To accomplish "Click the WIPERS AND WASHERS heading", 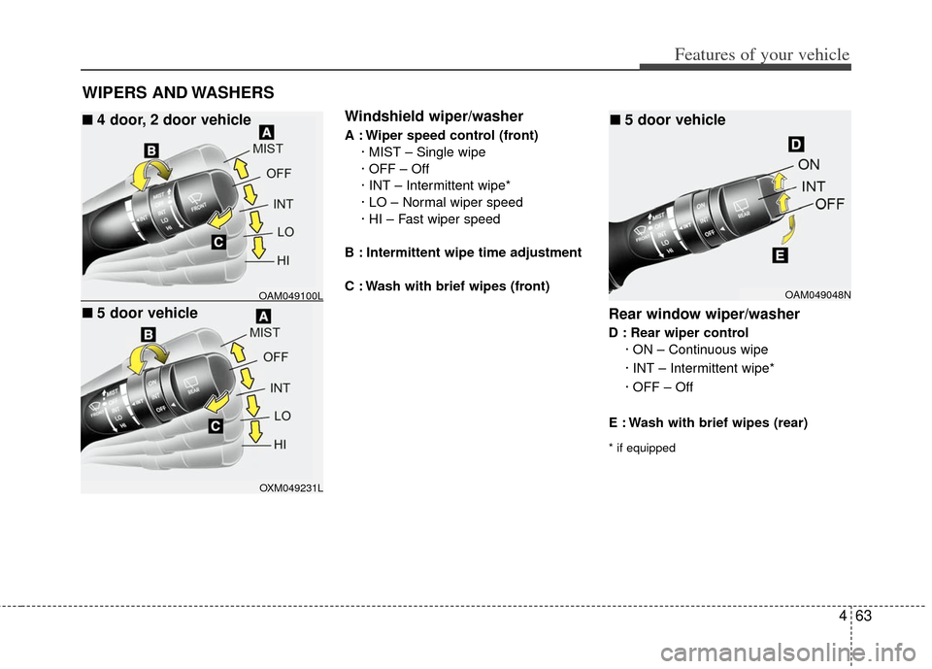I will point(177,92).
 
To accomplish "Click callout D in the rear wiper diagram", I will point(795,145).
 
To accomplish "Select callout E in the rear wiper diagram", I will point(779,256).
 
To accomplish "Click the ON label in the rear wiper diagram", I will point(808,165).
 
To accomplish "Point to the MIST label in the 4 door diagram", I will point(267,149).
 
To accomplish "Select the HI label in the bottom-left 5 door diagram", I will point(281,444).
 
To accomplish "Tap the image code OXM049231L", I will point(290,487).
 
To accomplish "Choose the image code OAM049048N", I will point(818,294).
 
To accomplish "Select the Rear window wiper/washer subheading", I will point(704,314).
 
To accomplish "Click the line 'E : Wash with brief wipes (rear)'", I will point(708,422).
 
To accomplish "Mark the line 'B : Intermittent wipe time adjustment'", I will point(463,252).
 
